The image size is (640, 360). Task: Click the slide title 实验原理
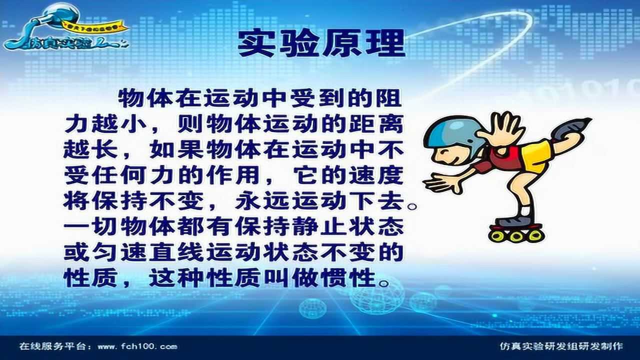(x=321, y=44)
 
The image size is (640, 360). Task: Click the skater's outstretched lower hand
(x=440, y=183)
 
